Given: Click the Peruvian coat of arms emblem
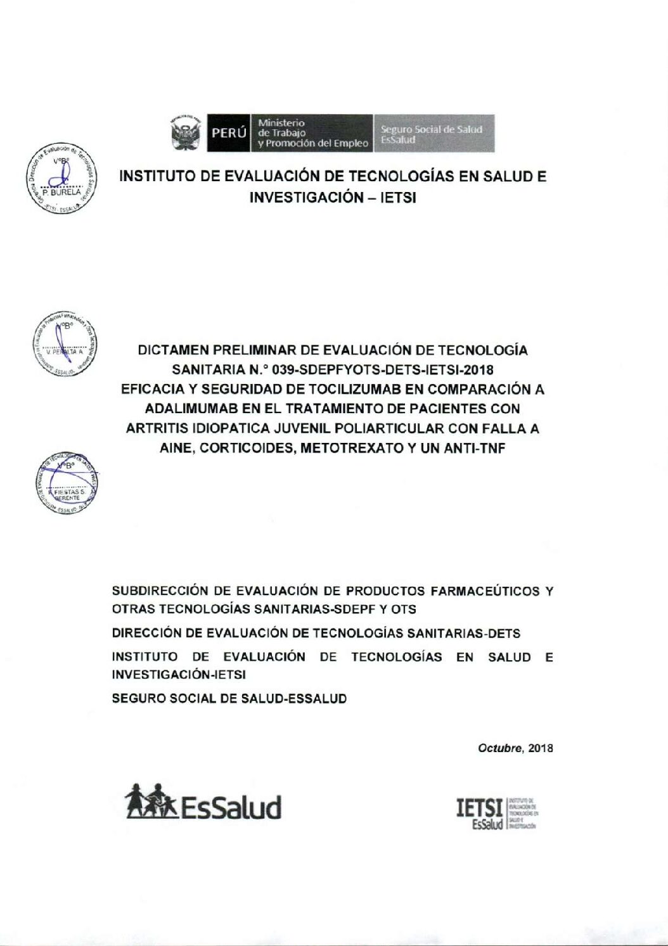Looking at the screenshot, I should click(x=186, y=133).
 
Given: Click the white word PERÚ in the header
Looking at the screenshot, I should click(x=229, y=133).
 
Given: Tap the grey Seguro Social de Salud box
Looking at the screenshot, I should click(x=434, y=133).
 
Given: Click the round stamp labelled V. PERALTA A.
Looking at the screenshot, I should click(x=65, y=344).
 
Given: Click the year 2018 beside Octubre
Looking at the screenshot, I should click(x=541, y=748).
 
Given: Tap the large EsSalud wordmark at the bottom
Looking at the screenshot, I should click(x=231, y=808).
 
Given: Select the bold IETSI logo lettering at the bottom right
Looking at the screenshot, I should click(x=479, y=809).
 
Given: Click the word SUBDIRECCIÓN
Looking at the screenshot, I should click(x=160, y=591).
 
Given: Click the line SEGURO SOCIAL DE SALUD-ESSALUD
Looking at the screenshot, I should click(x=229, y=699).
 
